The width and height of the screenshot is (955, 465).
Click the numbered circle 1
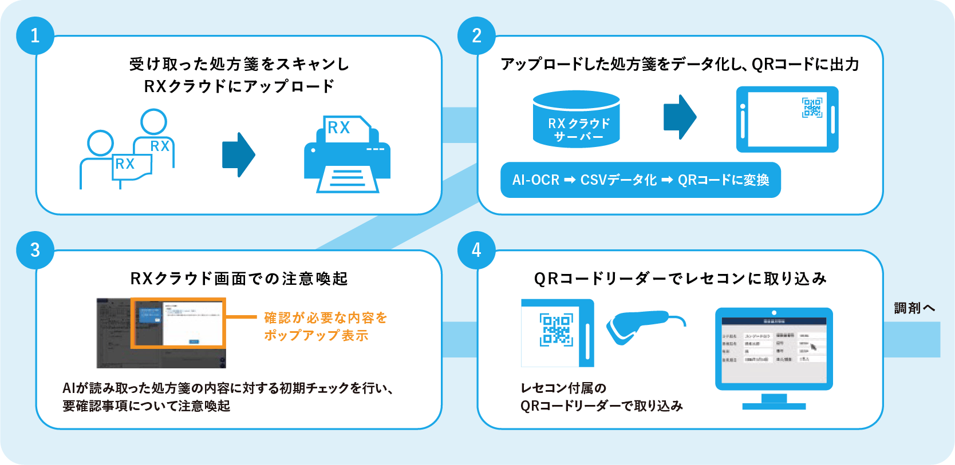pyautogui.click(x=35, y=35)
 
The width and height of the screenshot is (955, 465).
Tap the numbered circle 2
pyautogui.click(x=476, y=35)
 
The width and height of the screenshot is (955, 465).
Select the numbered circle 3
pyautogui.click(x=35, y=250)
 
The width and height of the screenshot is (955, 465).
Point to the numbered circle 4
pyautogui.click(x=476, y=250)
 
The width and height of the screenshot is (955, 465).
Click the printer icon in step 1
pyautogui.click(x=347, y=154)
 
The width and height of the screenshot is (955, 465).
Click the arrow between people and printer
pyautogui.click(x=238, y=154)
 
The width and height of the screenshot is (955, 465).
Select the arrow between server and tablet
pyautogui.click(x=680, y=117)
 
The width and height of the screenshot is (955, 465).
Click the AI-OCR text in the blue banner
pyautogui.click(x=536, y=180)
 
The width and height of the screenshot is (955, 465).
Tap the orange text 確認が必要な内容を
pyautogui.click(x=326, y=317)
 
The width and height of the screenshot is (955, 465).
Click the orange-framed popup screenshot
pyautogui.click(x=178, y=323)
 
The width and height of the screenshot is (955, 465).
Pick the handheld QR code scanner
pyautogui.click(x=638, y=326)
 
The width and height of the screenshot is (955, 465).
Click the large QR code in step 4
pyautogui.click(x=556, y=329)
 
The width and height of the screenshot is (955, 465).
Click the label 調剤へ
pyautogui.click(x=914, y=308)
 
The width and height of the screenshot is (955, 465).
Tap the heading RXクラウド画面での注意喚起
pyautogui.click(x=239, y=279)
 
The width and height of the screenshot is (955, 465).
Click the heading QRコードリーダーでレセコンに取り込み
pyautogui.click(x=680, y=279)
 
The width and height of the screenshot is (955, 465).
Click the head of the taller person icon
pyautogui.click(x=153, y=122)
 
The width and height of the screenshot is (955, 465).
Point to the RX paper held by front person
pyautogui.click(x=132, y=166)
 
